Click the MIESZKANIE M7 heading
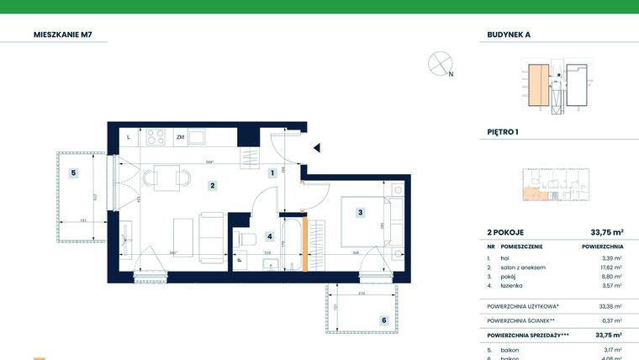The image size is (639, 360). coord(62,35)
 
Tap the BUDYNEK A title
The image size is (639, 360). coord(510,35)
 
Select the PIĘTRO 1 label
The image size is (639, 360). coord(504,132)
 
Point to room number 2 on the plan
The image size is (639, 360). coord(214,186)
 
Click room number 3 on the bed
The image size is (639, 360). coord(359,213)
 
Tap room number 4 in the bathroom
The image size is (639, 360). coord(270,237)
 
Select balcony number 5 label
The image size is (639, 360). coord(74,173)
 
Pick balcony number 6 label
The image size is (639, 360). coord(383,320)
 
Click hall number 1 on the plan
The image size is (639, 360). coord(272,174)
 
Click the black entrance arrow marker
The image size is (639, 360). coord(317,148)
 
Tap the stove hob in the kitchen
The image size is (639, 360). coord(155,135)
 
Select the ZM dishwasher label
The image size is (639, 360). coord(180,136)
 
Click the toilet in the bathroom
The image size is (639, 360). coord(246,240)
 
